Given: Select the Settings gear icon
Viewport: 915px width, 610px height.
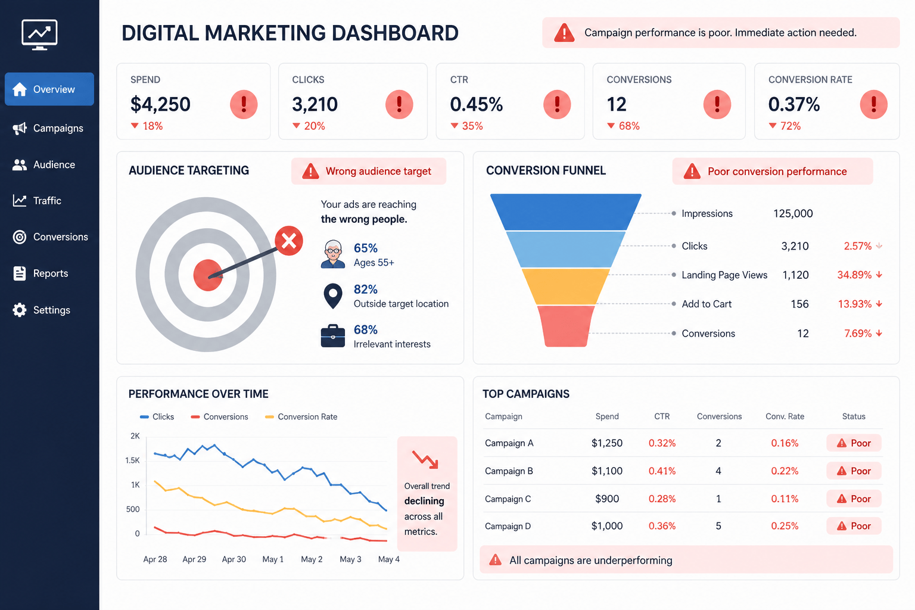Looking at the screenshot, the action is point(19,310).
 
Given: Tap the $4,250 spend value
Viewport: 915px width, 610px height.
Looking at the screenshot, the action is point(160,104).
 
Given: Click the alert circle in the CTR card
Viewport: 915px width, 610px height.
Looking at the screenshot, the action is point(557,105).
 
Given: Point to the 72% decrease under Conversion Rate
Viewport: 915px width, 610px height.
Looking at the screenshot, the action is point(785,126).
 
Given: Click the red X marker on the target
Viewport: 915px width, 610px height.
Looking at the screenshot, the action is point(289,241).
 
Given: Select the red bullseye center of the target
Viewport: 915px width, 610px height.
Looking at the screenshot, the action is point(207,275).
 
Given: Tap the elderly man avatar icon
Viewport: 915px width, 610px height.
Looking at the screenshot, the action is point(333,254).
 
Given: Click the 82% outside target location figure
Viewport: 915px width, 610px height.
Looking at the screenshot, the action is point(366,290).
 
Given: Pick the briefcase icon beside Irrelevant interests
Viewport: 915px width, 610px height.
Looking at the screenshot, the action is point(333,336).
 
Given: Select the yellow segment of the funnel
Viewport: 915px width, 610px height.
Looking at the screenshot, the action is point(566,287).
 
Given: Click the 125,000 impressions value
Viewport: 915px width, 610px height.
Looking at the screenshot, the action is point(793,213).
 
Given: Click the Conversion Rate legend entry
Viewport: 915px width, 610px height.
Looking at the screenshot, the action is point(301,417).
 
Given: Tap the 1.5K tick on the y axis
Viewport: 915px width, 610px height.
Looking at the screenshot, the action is point(132,460).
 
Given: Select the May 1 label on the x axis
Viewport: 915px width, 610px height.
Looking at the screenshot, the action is point(273,559).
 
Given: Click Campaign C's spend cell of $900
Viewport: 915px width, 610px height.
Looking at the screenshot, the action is point(607,499).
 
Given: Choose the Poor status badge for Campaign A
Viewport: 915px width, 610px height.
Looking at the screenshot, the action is point(854,443).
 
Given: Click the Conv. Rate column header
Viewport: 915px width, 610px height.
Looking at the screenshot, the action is point(785,416).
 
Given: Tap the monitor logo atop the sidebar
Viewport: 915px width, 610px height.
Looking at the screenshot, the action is point(39,35).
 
